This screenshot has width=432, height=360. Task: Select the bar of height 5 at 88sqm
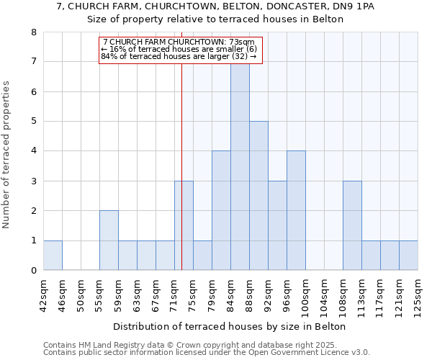coord(258,196)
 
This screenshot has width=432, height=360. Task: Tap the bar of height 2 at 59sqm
coord(109,240)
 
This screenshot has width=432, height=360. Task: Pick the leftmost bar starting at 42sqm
coord(53,256)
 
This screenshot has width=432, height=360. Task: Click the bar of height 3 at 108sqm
coord(352,226)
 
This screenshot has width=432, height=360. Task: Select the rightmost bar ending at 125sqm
coord(408,256)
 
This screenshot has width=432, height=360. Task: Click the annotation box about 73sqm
coord(180,50)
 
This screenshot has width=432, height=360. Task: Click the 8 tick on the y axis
coord(33,32)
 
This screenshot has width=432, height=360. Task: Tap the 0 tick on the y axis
coord(33,271)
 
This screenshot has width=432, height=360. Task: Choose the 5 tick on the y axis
coord(33,122)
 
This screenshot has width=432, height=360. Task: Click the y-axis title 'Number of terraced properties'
coord(7,154)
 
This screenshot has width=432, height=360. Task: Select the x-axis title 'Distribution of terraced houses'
coord(230,326)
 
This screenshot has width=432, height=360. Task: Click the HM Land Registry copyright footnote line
coord(206,345)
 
